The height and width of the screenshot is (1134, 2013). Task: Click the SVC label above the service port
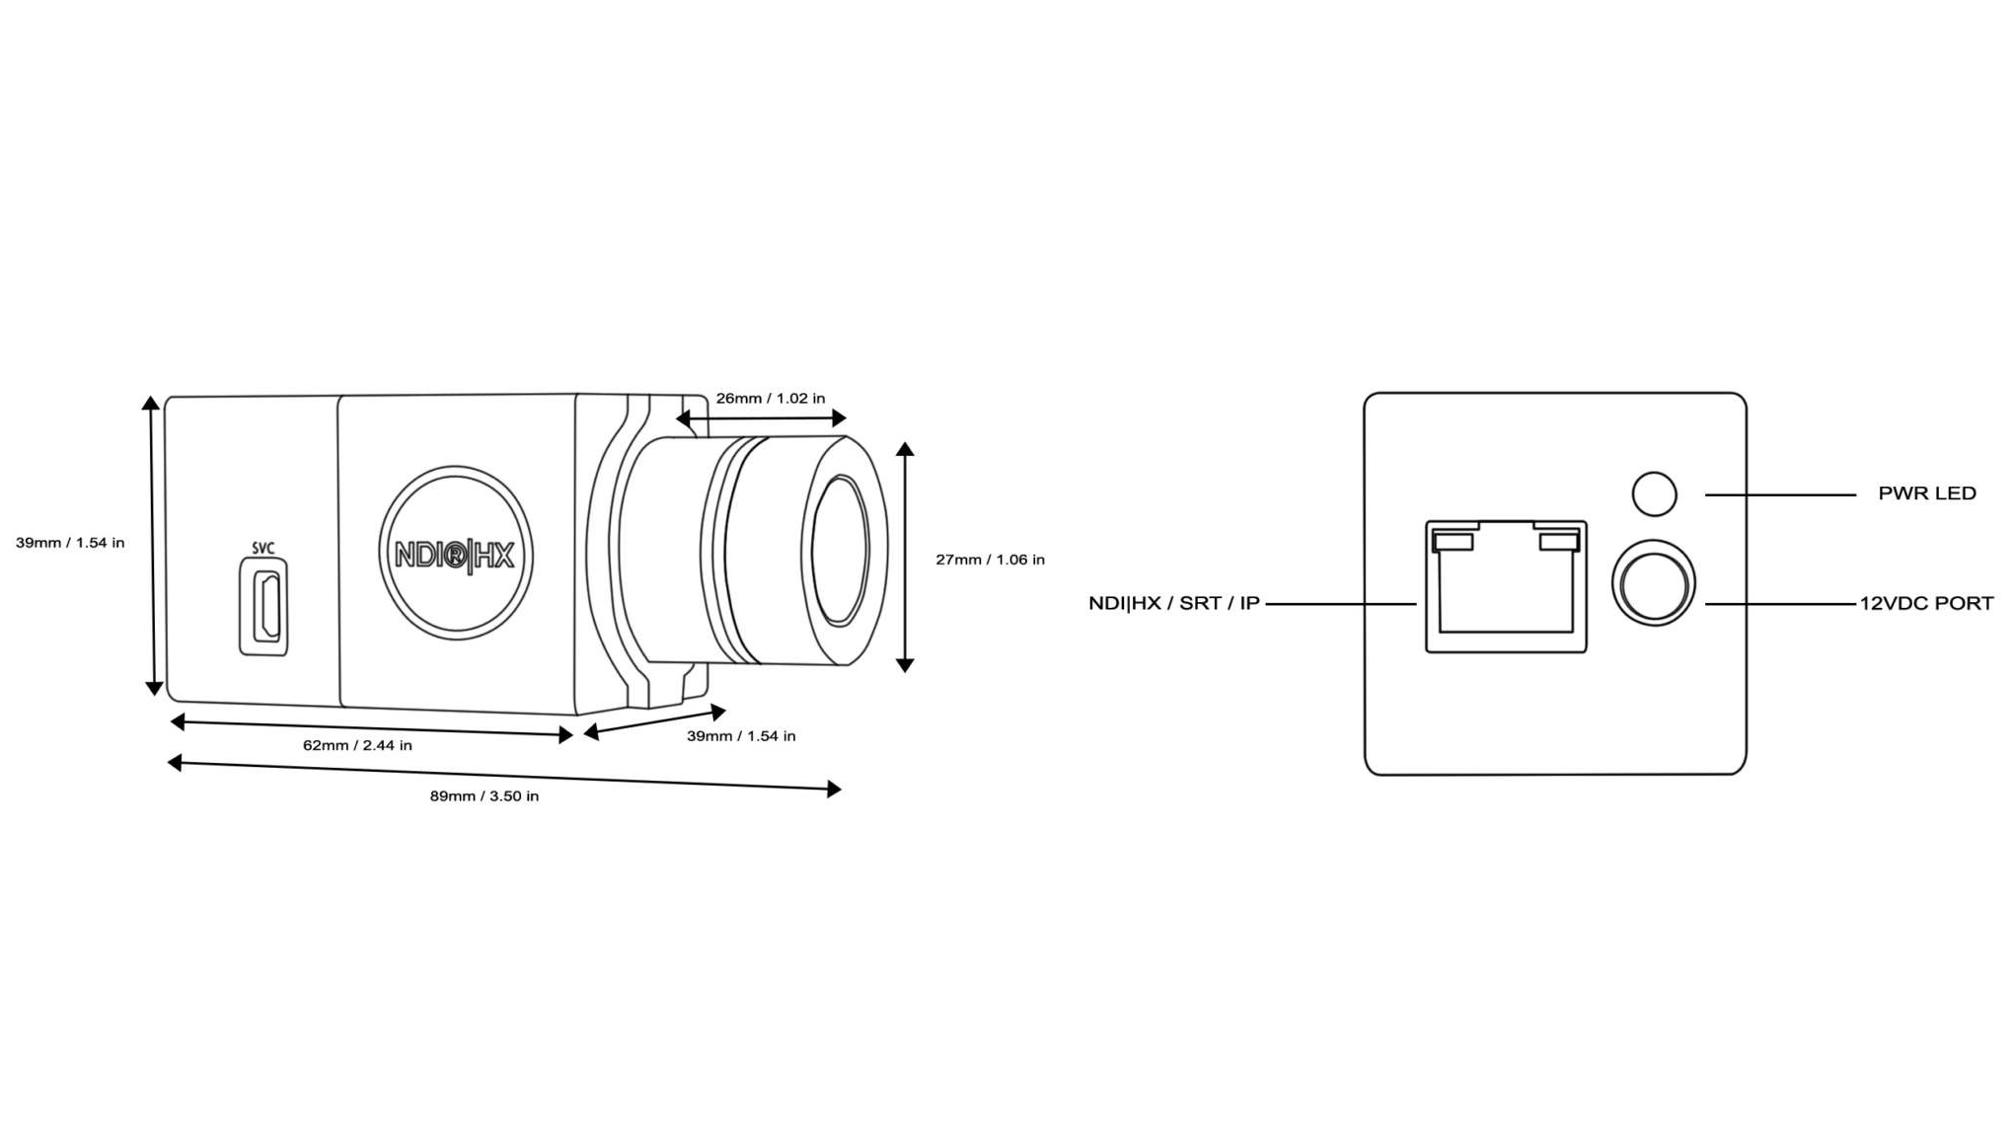262,548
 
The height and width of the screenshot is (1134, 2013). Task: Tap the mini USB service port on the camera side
264,606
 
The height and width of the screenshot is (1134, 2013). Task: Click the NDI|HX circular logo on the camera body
455,554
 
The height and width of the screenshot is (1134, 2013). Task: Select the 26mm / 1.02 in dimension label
771,399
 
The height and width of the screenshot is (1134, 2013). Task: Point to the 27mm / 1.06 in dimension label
990,560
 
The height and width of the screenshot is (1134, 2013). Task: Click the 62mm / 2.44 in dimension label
357,745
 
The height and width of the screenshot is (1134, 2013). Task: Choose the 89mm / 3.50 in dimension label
485,796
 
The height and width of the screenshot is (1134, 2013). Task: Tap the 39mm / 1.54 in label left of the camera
70,543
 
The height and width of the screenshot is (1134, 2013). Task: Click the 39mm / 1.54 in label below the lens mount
741,736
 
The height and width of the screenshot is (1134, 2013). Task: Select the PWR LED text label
1927,493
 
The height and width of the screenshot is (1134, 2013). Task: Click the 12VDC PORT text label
1927,603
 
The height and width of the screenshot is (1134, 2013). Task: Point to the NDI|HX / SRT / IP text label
1174,603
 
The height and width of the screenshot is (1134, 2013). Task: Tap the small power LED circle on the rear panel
1655,494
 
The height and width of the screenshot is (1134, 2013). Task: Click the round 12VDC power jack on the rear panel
1654,583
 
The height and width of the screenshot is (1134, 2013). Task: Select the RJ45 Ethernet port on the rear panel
1506,586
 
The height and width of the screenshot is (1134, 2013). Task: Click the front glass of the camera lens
840,551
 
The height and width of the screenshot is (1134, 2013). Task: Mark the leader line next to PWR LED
1780,494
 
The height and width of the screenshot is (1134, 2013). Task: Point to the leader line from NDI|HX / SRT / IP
1341,603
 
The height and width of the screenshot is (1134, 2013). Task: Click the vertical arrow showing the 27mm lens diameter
905,558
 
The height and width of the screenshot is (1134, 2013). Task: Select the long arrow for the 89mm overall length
504,776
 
